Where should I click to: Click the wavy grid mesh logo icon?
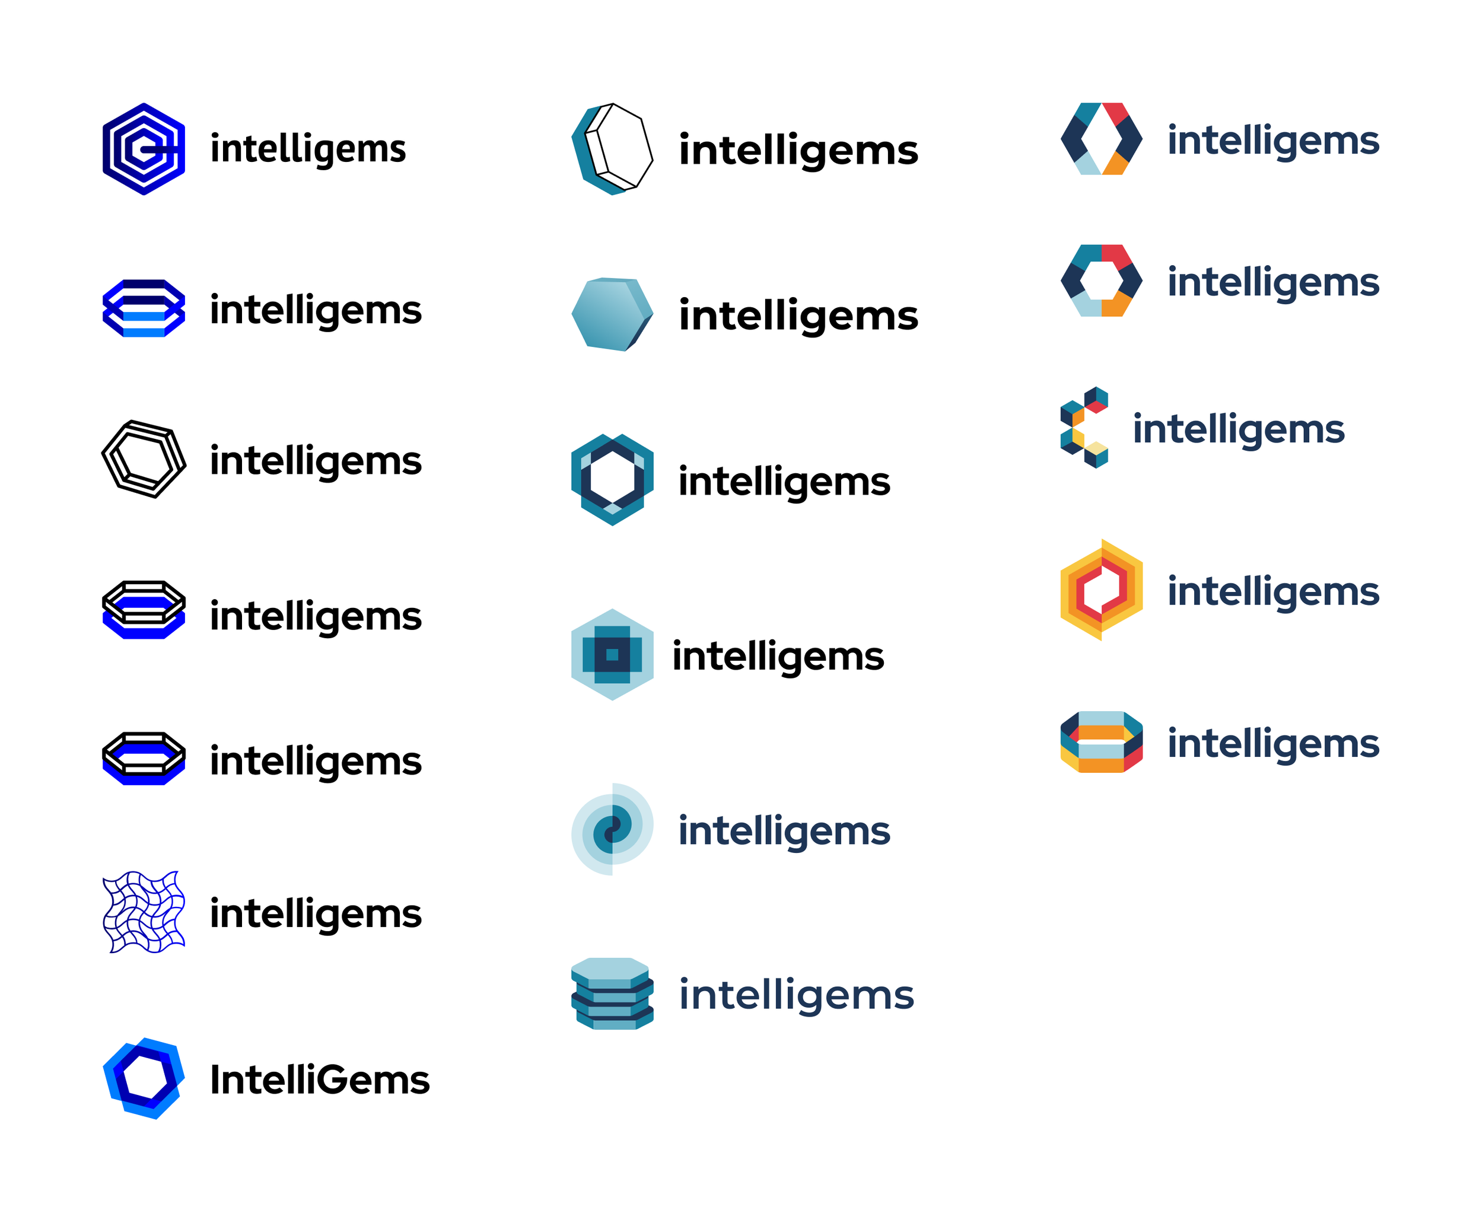pos(144,912)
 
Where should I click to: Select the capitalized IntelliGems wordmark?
pos(319,1080)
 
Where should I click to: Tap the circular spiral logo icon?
pos(612,829)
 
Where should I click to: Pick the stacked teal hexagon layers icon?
pos(612,993)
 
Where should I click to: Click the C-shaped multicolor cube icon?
pos(1084,427)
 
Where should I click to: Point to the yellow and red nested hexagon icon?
pos(1100,590)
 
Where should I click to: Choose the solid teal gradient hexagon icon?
pos(612,314)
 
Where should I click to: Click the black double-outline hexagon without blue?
pos(144,459)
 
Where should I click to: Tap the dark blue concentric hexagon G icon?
pos(144,149)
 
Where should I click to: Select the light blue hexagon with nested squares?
pos(612,654)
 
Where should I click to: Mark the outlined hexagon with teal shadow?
pos(612,149)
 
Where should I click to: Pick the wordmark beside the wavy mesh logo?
pos(316,914)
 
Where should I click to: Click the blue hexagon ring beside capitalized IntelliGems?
pos(144,1078)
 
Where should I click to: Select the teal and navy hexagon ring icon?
pos(612,480)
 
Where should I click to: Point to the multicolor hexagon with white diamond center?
pos(1100,139)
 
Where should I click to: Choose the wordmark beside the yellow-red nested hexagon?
pos(1272,591)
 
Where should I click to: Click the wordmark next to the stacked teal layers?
pos(796,995)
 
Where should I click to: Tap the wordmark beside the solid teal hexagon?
pos(798,316)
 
